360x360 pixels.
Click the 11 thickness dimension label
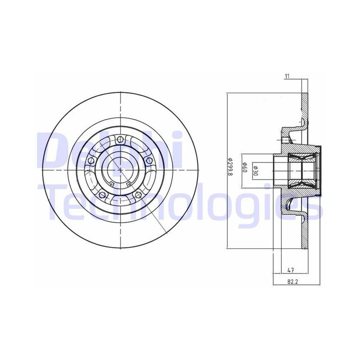click(x=287, y=76)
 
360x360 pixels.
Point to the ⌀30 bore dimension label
click(x=255, y=171)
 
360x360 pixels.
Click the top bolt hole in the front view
click(x=119, y=139)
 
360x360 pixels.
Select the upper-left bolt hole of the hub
click(x=91, y=160)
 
